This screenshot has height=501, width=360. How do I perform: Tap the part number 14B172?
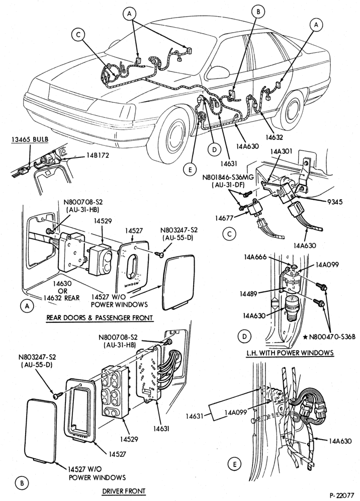(x=98, y=155)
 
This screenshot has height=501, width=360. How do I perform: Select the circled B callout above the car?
(x=258, y=12)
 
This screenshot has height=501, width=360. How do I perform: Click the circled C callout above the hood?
(x=78, y=35)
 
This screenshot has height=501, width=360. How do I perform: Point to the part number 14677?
(x=224, y=218)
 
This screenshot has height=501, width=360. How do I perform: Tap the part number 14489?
(x=249, y=294)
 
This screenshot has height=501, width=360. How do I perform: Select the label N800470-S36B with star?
(x=329, y=337)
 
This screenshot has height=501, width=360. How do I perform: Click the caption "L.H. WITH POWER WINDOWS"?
(x=290, y=353)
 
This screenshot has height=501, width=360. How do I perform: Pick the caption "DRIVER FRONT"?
(x=124, y=491)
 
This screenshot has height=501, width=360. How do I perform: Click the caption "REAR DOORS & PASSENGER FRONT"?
(x=100, y=318)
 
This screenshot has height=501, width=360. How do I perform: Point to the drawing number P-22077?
(x=341, y=495)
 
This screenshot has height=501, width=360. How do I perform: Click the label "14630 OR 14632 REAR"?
(x=62, y=290)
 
